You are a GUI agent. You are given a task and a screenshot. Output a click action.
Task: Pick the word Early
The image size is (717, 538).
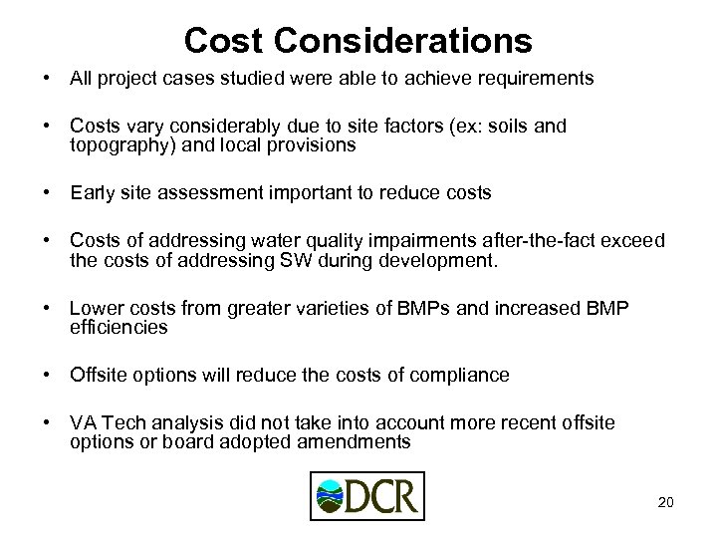click(91, 192)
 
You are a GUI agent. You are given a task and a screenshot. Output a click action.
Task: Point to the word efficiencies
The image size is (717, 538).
click(119, 326)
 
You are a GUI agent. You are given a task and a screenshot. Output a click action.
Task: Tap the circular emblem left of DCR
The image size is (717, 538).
click(328, 496)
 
